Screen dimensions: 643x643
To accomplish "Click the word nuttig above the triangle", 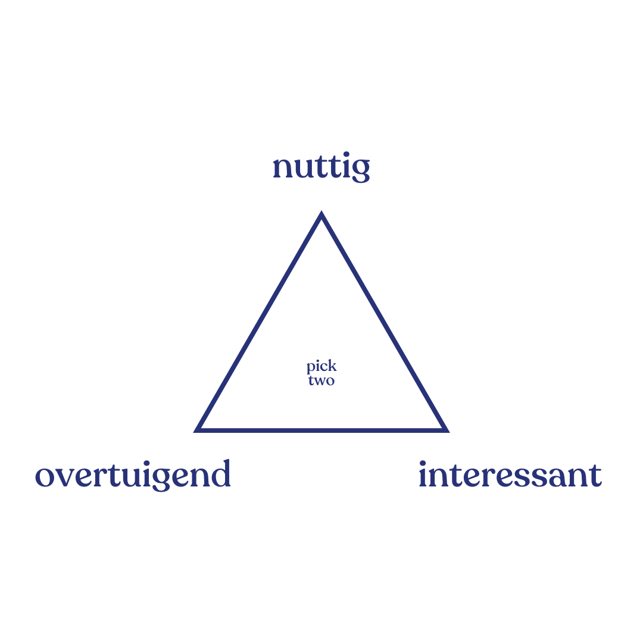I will click(x=321, y=168).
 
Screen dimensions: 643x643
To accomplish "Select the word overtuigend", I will click(x=133, y=475).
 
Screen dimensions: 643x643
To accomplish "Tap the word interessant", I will click(x=510, y=475).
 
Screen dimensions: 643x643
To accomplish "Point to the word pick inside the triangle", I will click(x=321, y=367).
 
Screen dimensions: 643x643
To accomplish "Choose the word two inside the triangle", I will click(x=321, y=380).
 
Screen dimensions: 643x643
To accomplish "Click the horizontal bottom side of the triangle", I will click(x=321, y=429).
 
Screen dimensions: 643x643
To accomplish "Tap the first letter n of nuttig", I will click(x=282, y=169).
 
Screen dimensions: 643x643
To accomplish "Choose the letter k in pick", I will click(x=332, y=366).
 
